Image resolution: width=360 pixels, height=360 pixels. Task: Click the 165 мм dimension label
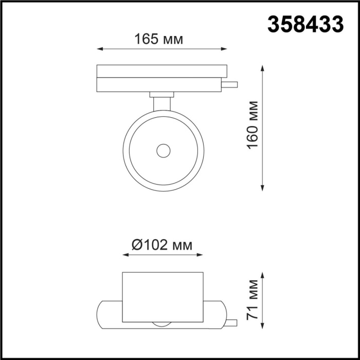[x=158, y=39]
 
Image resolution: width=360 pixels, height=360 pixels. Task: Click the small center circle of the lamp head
[x=164, y=151]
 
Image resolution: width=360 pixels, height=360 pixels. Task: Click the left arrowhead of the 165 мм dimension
[x=100, y=49]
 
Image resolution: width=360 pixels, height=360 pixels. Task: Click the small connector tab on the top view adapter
[x=230, y=84]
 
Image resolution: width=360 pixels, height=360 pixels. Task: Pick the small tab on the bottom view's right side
[x=231, y=322]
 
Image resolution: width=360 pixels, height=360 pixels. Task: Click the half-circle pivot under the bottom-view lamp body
[x=162, y=324]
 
